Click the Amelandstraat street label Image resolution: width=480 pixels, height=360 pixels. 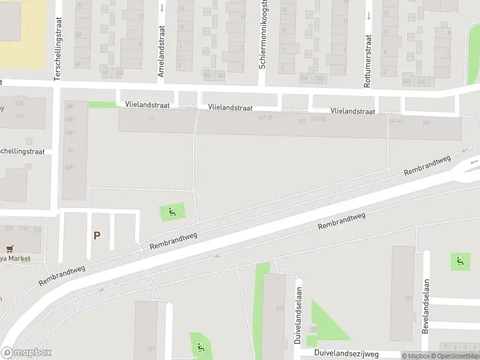click(x=161, y=59)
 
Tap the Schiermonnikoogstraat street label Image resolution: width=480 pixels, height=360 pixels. click(x=262, y=37)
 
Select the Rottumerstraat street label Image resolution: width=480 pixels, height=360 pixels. click(x=367, y=61)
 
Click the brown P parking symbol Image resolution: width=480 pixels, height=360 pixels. click(x=96, y=236)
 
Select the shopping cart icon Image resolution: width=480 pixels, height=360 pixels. click(x=9, y=248)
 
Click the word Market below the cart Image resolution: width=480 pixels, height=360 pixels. click(x=19, y=259)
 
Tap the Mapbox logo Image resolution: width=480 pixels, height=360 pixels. click(x=26, y=353)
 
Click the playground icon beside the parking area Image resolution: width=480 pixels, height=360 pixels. click(x=172, y=211)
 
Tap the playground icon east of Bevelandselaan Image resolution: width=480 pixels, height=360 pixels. click(x=460, y=261)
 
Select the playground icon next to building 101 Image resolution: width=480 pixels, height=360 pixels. click(x=200, y=346)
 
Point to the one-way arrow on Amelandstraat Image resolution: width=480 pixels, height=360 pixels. click(x=162, y=8)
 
